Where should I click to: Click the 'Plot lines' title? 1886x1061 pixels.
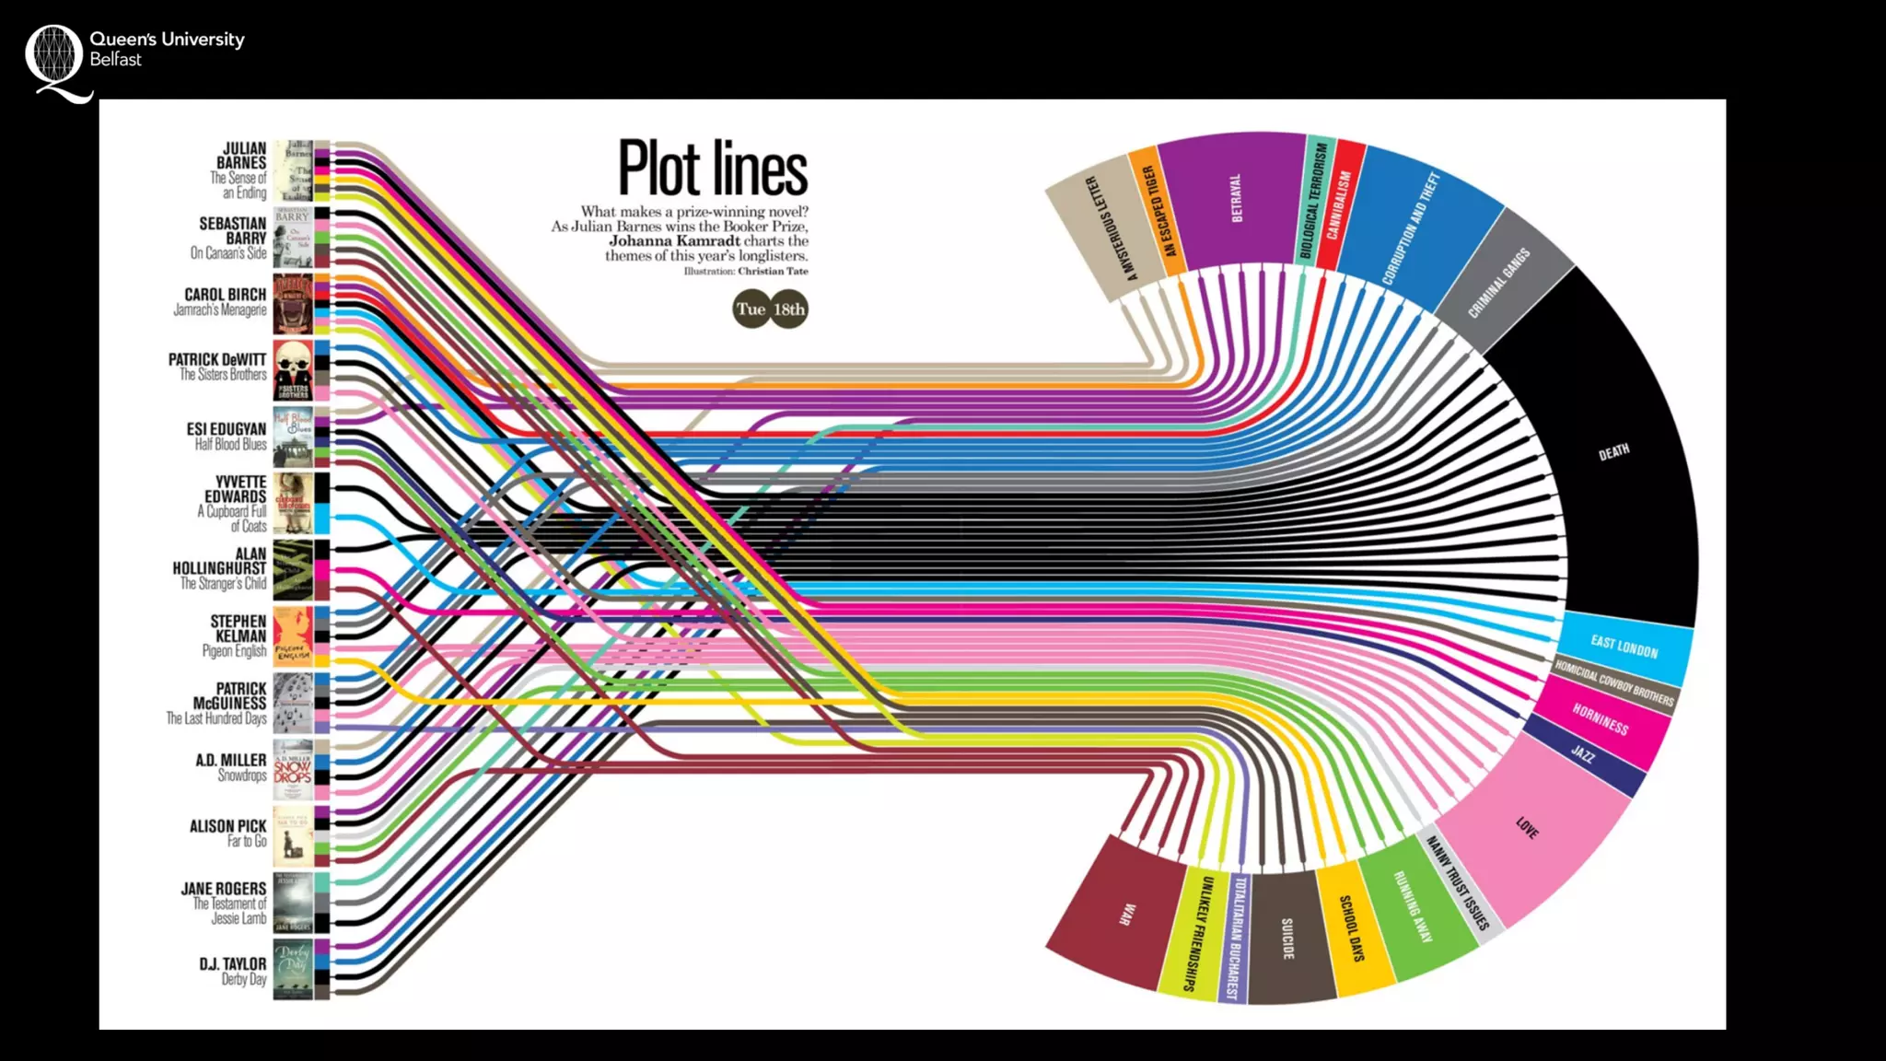tap(713, 169)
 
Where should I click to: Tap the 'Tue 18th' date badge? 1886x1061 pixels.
tap(770, 309)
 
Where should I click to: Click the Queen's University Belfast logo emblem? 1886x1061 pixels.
tap(55, 57)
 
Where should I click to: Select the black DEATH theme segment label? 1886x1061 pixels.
tap(1613, 452)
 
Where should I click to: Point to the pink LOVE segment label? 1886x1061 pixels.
tap(1527, 828)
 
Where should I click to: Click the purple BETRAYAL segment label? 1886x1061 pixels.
tap(1236, 198)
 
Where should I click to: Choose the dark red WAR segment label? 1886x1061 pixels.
tap(1125, 914)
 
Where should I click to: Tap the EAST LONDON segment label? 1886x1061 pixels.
tap(1624, 647)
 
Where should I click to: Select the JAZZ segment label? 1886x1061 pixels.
tap(1582, 754)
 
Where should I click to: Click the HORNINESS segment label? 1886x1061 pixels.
tap(1600, 719)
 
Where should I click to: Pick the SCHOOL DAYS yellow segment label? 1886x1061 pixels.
tap(1351, 927)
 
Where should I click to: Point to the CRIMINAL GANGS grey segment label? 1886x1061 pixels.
tap(1498, 282)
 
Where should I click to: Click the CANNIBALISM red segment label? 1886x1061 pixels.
tap(1338, 204)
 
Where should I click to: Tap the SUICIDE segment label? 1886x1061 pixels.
tap(1287, 938)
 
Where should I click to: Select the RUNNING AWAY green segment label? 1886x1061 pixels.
tap(1413, 907)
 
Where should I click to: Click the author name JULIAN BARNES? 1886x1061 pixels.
tap(243, 156)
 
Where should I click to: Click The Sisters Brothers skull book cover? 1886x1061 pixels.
tap(293, 369)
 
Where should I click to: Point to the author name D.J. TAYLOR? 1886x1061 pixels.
tap(233, 964)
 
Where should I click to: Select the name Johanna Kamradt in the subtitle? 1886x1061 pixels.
tap(674, 241)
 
